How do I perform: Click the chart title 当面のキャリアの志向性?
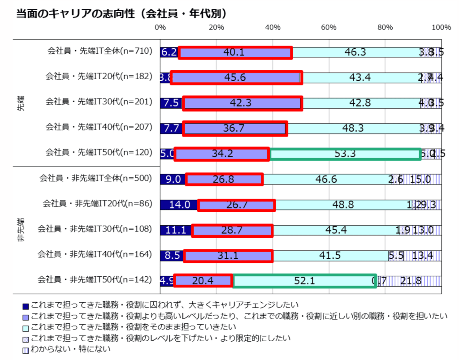point(76,14)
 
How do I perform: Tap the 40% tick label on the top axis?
point(273,27)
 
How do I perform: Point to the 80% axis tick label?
point(385,27)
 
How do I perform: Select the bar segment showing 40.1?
point(235,52)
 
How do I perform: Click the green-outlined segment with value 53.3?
point(345,154)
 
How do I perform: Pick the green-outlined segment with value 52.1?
point(305,281)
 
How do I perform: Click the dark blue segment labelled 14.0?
point(178,205)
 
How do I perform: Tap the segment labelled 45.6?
point(236,77)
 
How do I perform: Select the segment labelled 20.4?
point(203,281)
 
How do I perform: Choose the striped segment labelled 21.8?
point(411,281)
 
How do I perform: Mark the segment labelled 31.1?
point(228,256)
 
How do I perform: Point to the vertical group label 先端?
point(21,103)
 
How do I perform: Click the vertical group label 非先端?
point(21,230)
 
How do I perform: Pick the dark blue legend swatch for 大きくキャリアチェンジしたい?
point(26,306)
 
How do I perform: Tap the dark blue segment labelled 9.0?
point(173,180)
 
